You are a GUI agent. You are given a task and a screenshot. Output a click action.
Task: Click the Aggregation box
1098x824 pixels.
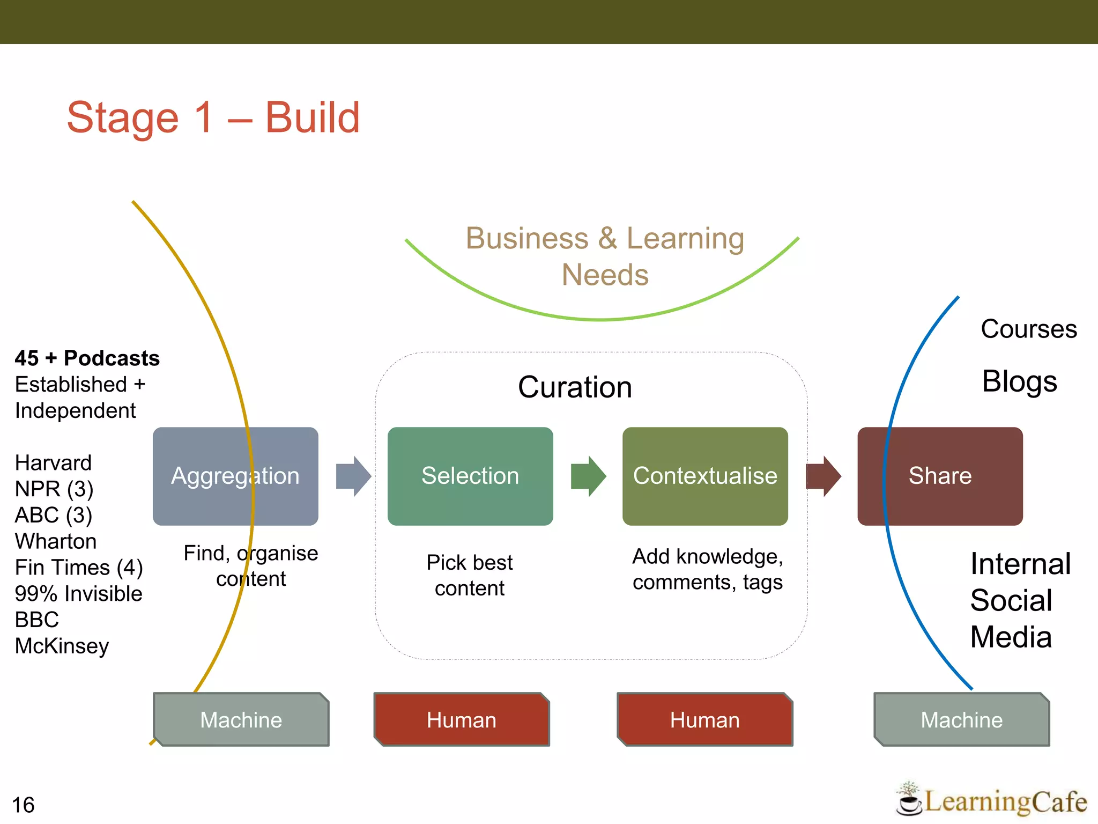click(235, 476)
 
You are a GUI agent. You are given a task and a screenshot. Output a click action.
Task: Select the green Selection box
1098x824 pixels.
click(470, 476)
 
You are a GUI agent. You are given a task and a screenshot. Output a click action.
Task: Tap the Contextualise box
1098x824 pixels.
click(705, 476)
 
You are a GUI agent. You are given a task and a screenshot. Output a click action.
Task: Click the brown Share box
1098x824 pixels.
click(940, 476)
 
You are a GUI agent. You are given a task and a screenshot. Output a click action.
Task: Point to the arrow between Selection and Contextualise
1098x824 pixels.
click(588, 476)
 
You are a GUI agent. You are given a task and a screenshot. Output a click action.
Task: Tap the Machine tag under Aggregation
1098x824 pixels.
click(241, 719)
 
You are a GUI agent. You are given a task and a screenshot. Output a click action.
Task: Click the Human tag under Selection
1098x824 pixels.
click(462, 719)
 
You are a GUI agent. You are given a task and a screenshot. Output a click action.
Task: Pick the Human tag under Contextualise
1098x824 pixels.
click(705, 719)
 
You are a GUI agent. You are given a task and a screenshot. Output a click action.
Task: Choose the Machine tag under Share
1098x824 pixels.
click(962, 719)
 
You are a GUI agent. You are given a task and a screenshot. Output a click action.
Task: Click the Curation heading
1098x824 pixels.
click(575, 387)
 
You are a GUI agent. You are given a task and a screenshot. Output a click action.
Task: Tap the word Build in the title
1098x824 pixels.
click(313, 117)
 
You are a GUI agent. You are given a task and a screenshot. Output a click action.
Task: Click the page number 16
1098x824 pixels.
click(23, 805)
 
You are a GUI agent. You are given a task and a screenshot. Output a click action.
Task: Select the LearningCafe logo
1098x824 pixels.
click(992, 801)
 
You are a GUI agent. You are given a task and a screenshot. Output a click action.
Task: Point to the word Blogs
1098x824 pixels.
click(1019, 381)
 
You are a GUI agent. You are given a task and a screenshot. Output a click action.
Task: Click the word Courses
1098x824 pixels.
click(1028, 329)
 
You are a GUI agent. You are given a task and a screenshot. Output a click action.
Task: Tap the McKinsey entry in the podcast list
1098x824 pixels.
click(62, 646)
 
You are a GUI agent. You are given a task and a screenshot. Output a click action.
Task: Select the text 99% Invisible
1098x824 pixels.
click(78, 594)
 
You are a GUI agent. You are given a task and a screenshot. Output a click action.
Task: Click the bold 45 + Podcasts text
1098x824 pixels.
click(87, 358)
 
